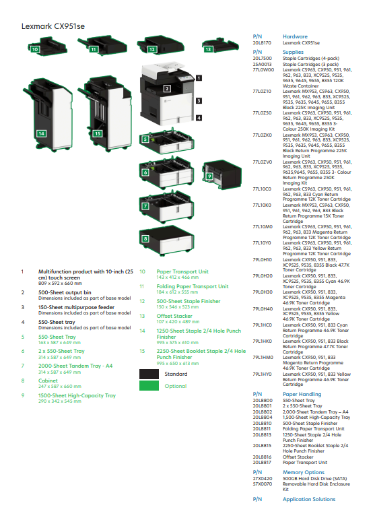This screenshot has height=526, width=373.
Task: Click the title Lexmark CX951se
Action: coord(53,26)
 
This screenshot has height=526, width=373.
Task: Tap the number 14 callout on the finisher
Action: coord(42,133)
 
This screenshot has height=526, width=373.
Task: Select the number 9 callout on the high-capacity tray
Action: coord(209,176)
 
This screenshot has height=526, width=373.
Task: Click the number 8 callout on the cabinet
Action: coord(145,238)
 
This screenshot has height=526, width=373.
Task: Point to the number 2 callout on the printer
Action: coord(167,88)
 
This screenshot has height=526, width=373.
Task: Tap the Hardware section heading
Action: coord(295,36)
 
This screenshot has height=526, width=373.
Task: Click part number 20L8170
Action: coord(261,42)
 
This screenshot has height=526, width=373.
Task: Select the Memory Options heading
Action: coord(303,472)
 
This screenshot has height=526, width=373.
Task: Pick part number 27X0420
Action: coord(262,478)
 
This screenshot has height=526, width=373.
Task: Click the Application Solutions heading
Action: coord(308,499)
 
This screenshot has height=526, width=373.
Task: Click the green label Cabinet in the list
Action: coord(48,381)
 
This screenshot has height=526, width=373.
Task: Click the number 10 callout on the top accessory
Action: coord(34,49)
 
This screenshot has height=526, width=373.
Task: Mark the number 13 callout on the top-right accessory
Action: coord(208,49)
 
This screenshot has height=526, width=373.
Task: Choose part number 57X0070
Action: coord(262,483)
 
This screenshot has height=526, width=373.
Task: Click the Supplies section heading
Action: coord(293,51)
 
